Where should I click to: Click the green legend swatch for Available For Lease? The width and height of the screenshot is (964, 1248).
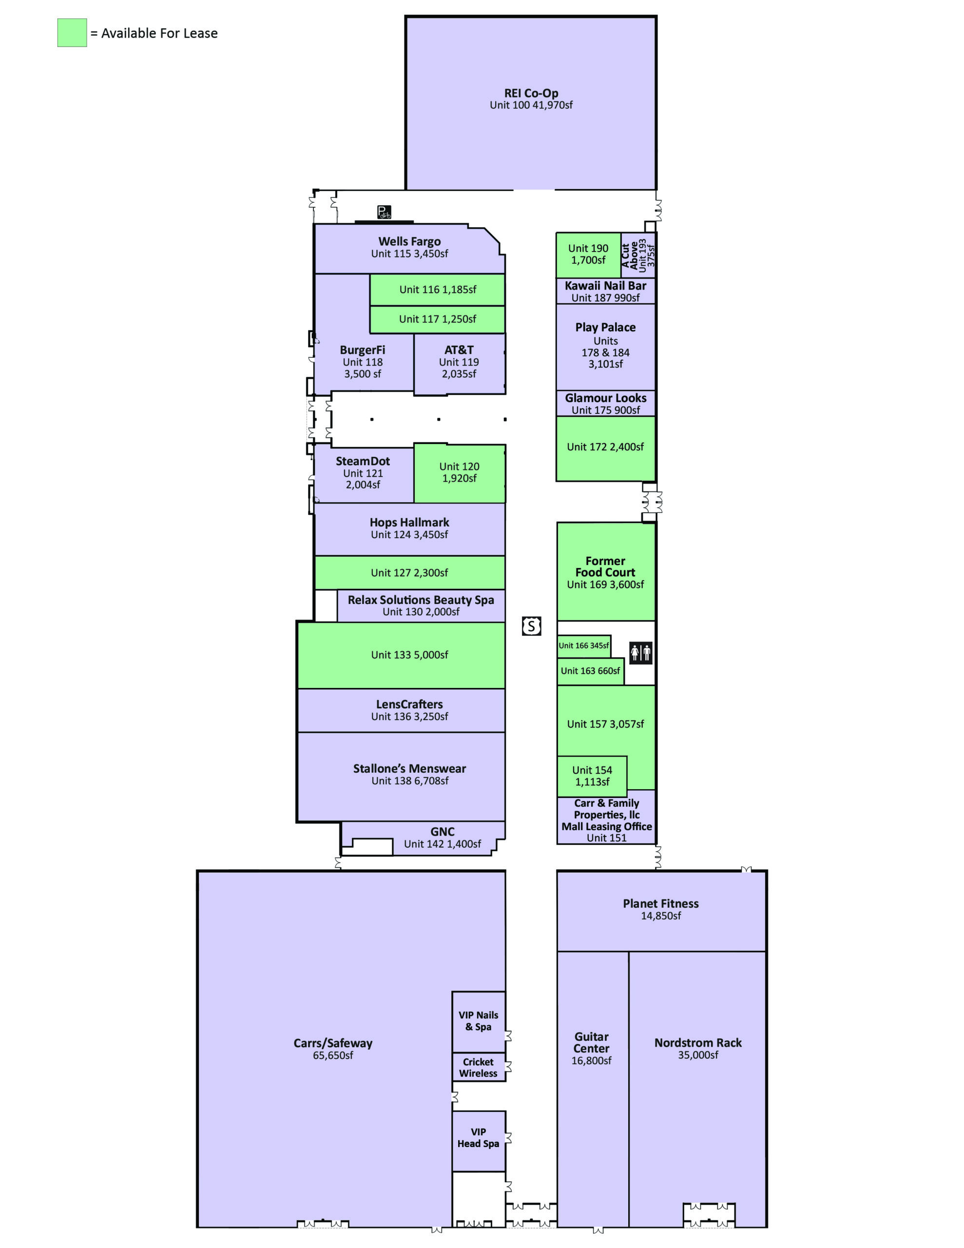pyautogui.click(x=72, y=33)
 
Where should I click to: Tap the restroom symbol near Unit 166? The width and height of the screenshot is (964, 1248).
pyautogui.click(x=640, y=652)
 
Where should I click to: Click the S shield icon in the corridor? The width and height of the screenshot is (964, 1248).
pyautogui.click(x=531, y=626)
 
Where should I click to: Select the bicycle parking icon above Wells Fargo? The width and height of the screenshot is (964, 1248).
pyautogui.click(x=384, y=212)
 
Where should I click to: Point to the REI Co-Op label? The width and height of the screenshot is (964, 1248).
pyautogui.click(x=531, y=93)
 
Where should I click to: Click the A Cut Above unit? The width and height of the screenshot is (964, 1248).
pyautogui.click(x=638, y=255)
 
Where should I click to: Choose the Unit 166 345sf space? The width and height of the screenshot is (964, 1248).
pyautogui.click(x=584, y=646)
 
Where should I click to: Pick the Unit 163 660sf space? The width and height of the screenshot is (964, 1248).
pyautogui.click(x=590, y=671)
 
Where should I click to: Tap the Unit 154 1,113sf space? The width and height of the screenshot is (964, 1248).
pyautogui.click(x=592, y=776)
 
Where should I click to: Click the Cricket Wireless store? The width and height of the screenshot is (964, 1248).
pyautogui.click(x=478, y=1068)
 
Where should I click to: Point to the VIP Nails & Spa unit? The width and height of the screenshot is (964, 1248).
pyautogui.click(x=478, y=1021)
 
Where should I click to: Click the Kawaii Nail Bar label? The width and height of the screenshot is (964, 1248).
pyautogui.click(x=606, y=286)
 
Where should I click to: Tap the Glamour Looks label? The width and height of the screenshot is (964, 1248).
pyautogui.click(x=606, y=398)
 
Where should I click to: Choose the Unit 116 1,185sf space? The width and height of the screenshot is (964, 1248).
pyautogui.click(x=437, y=290)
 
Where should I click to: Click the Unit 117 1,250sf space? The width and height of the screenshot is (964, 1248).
pyautogui.click(x=437, y=319)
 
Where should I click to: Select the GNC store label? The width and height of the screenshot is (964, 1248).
pyautogui.click(x=443, y=831)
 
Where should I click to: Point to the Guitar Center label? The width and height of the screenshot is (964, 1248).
pyautogui.click(x=592, y=1042)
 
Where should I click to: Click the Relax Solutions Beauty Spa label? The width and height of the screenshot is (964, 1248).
pyautogui.click(x=421, y=600)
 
